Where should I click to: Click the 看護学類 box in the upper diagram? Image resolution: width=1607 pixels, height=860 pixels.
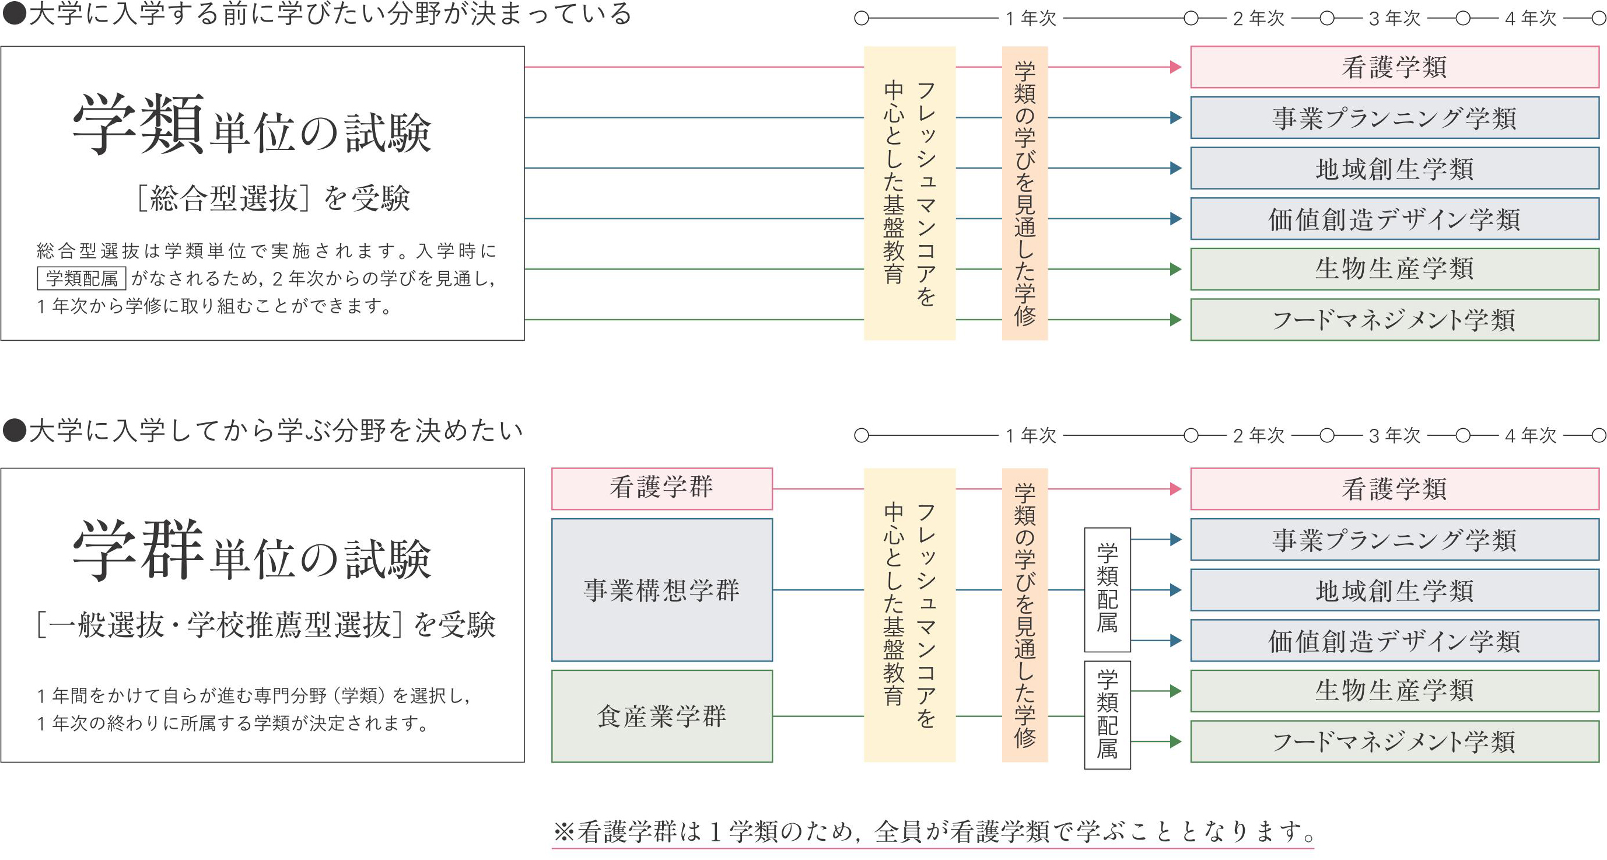click(x=1394, y=67)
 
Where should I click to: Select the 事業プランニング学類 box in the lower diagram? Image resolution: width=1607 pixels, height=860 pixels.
click(x=1394, y=539)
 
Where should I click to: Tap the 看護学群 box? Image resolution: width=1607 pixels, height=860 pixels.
click(x=661, y=488)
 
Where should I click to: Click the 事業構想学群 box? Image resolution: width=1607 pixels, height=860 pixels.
click(x=661, y=590)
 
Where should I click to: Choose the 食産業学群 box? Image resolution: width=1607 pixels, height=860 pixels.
click(x=661, y=716)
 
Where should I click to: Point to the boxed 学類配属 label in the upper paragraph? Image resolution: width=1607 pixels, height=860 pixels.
click(x=82, y=278)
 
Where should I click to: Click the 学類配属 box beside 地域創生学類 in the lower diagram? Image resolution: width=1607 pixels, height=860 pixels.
click(x=1107, y=589)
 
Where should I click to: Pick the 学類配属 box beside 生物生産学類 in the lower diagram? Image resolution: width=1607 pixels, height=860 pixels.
click(x=1107, y=715)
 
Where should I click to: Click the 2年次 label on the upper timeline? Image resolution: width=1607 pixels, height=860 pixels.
click(x=1258, y=19)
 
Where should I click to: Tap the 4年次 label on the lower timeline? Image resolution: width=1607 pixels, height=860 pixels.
click(x=1530, y=435)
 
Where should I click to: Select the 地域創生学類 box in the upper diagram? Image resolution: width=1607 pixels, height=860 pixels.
click(x=1394, y=168)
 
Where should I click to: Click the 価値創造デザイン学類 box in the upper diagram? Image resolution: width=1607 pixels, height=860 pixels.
click(x=1394, y=218)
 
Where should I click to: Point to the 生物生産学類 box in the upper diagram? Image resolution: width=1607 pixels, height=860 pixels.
click(x=1394, y=269)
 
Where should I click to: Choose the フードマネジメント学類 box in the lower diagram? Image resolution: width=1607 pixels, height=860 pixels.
click(x=1394, y=742)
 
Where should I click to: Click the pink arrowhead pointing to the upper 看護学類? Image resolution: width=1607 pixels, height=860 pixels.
click(x=1175, y=67)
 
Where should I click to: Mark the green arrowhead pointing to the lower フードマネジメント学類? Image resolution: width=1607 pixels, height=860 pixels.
click(x=1175, y=742)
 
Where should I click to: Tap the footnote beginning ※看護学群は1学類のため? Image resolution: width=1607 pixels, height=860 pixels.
click(x=933, y=831)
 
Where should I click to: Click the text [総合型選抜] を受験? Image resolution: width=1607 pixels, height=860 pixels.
click(x=273, y=198)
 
